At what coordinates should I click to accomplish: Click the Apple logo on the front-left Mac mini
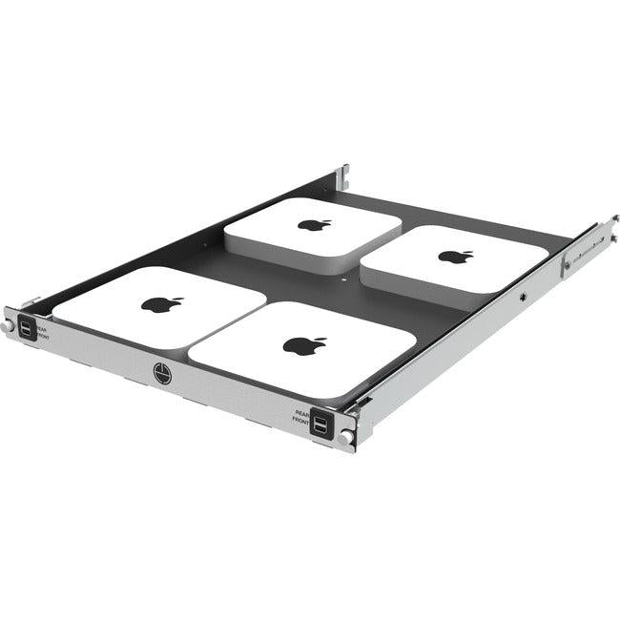[162, 304]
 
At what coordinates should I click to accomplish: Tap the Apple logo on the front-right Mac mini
[304, 345]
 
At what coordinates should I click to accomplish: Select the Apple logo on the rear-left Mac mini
[314, 225]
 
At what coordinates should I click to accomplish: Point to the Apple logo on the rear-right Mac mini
[455, 256]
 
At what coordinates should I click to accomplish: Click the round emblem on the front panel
[161, 369]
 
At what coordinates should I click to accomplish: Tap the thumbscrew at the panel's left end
[8, 326]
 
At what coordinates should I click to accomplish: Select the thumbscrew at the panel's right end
[344, 438]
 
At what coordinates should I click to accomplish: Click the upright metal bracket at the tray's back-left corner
[341, 178]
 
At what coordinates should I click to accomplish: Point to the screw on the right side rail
[523, 296]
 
